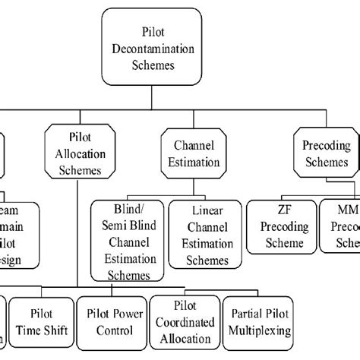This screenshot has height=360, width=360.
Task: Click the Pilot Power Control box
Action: [111, 318]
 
